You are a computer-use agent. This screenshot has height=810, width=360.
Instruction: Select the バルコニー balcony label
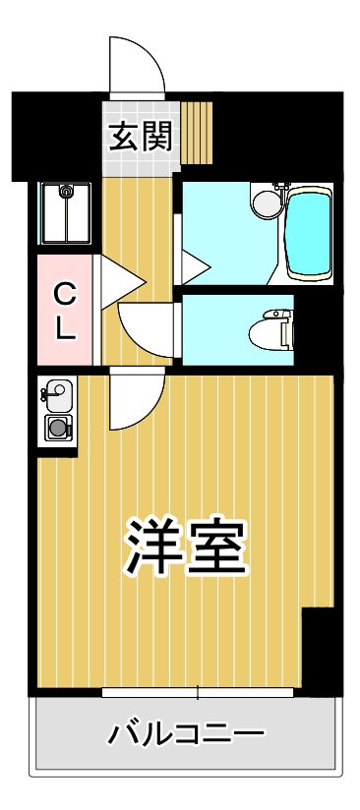tap(186, 733)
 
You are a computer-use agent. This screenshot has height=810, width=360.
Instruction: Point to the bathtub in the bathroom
tap(310, 234)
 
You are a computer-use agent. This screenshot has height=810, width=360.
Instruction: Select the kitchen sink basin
tap(56, 395)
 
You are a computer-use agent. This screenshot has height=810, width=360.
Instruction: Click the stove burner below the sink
tap(59, 428)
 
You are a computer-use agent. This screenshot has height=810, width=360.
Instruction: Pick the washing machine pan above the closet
tap(65, 213)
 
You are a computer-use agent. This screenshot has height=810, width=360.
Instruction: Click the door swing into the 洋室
tap(132, 399)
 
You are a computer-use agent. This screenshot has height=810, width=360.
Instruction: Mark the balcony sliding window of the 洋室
tap(197, 693)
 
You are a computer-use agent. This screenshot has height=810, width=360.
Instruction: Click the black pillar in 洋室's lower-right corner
tap(317, 649)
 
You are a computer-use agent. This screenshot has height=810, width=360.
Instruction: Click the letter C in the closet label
tap(64, 292)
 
